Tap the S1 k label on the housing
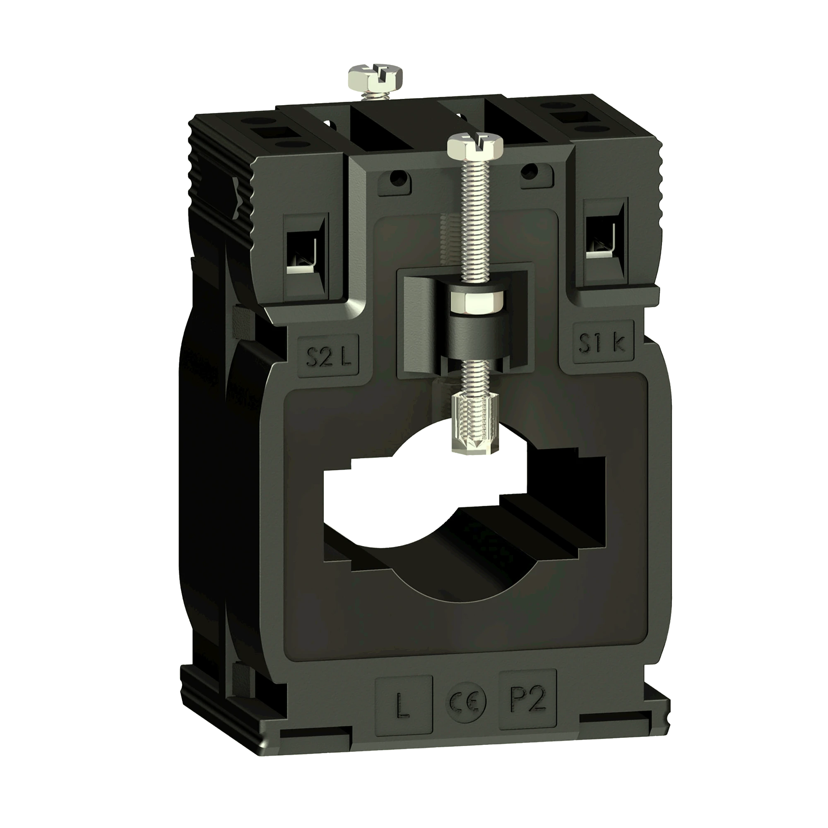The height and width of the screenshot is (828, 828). [x=602, y=343]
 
